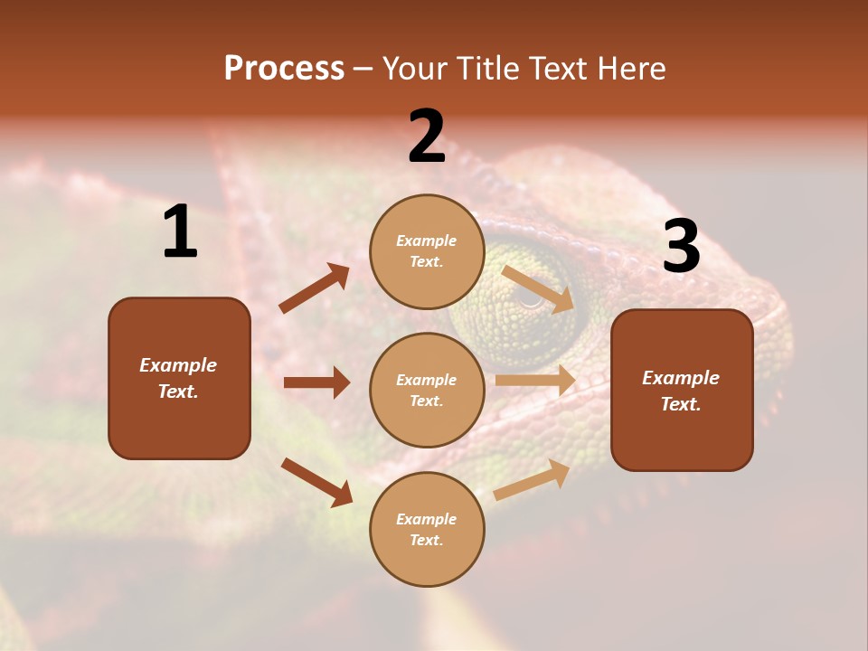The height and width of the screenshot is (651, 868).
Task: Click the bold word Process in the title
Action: point(284,68)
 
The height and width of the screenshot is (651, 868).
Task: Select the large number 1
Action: point(180,232)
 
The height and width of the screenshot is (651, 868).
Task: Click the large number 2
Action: point(427,137)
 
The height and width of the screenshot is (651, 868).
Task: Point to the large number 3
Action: point(681,247)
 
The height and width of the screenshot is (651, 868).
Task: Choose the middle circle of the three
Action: point(427,390)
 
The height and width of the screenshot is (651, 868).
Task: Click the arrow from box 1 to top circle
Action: point(315,288)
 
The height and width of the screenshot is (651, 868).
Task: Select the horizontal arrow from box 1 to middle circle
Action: point(316,382)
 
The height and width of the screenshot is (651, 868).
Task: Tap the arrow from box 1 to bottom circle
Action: point(316,482)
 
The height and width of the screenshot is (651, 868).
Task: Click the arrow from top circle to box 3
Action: point(538,289)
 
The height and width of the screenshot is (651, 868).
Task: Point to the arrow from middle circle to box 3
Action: point(535,381)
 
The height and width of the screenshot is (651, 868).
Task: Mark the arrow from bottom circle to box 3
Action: point(532,480)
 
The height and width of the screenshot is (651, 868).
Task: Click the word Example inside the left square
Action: point(178,365)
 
